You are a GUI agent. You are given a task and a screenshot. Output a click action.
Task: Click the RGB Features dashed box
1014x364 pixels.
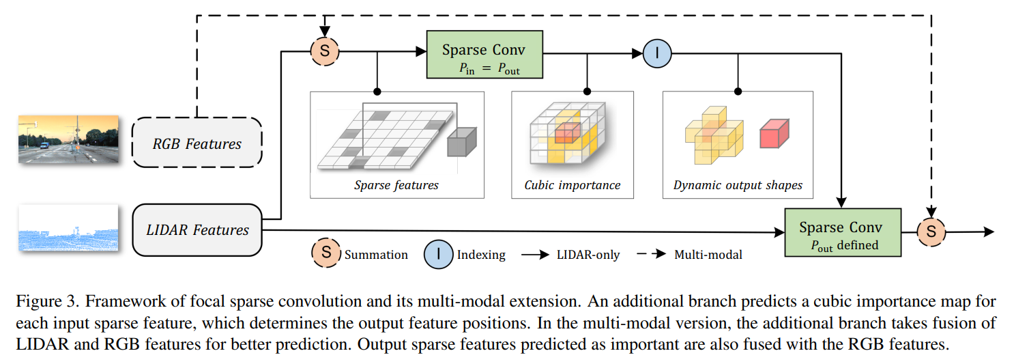point(197,143)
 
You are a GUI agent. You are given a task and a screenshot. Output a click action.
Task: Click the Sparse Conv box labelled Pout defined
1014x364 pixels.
point(842,232)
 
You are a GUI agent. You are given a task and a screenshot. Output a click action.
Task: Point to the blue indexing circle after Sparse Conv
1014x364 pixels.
point(658,52)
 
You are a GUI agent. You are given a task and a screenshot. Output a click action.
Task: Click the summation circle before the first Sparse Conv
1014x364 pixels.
point(325,51)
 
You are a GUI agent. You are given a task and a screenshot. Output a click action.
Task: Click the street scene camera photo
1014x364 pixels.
point(68,139)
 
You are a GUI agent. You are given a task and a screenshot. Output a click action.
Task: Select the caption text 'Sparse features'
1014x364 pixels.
point(396,185)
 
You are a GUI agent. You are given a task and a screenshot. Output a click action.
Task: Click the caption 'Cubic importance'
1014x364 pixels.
point(573,185)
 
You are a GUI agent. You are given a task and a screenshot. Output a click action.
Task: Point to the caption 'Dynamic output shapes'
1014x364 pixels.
point(738,185)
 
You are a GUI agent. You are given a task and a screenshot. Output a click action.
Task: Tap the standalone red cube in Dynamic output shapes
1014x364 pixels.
point(774,133)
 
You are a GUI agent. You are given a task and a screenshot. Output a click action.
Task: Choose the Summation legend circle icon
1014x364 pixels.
point(327,253)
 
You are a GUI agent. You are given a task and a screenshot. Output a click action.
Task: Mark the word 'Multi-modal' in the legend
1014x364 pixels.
point(708,255)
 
